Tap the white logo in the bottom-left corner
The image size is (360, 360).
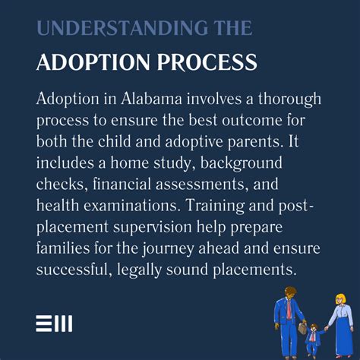(54, 324)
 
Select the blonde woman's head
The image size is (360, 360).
(336, 294)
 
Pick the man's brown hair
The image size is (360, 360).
(289, 291)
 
